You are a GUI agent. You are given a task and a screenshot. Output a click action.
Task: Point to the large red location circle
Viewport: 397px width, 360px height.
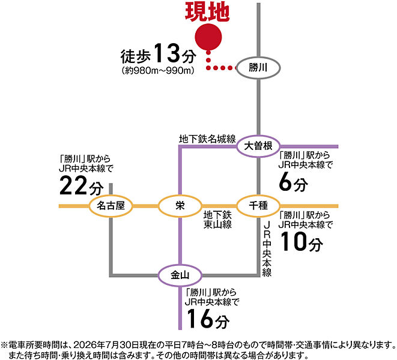208,37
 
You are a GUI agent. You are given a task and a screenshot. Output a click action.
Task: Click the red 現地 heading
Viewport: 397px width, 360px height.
207,12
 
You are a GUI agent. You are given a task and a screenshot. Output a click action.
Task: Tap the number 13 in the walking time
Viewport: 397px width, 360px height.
166,53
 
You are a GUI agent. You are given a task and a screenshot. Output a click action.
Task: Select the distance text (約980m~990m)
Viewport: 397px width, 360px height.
158,71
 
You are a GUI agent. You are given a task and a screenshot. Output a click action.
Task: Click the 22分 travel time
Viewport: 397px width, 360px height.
82,186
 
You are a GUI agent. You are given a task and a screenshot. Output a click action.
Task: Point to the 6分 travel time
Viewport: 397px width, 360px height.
293,182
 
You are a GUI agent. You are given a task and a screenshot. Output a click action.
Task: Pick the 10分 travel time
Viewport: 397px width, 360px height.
302,242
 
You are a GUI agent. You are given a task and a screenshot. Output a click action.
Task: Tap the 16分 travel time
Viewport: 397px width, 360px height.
208,319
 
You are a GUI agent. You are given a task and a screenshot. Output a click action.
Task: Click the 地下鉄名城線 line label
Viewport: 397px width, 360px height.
207,139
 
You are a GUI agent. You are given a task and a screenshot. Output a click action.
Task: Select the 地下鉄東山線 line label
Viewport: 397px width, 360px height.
217,220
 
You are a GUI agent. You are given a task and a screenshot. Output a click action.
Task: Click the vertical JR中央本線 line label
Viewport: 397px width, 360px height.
267,249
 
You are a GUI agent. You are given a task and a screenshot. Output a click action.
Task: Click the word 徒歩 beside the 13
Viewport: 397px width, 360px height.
136,56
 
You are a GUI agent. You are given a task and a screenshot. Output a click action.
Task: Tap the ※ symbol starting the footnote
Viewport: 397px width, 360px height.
5,345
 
